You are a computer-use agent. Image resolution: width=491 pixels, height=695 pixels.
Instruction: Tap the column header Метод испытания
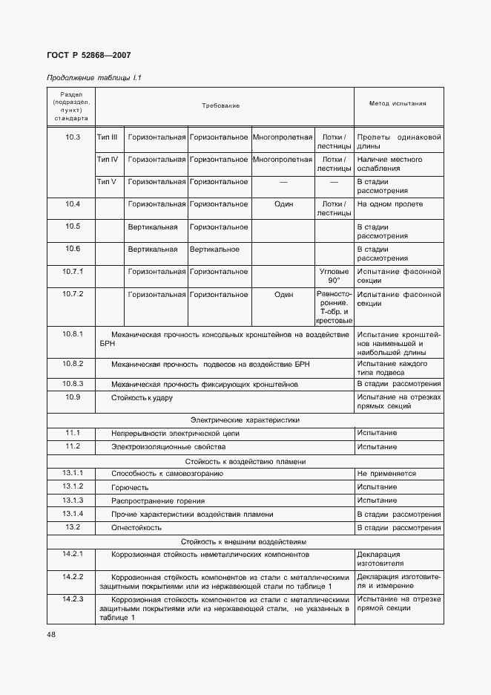(398, 104)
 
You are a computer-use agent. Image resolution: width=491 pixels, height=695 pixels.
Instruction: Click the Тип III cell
(108, 137)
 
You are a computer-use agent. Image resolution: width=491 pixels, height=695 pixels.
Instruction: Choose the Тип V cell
(108, 182)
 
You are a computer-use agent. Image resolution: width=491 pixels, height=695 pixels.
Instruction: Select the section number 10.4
(72, 204)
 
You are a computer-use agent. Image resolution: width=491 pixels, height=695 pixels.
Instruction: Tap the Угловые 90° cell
(334, 276)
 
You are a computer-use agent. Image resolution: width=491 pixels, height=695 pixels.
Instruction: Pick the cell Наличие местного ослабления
(390, 164)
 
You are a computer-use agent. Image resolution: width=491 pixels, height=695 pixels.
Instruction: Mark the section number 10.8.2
(72, 364)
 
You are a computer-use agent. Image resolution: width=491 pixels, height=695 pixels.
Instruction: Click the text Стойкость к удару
(142, 398)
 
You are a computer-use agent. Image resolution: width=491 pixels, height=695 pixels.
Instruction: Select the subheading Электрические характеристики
(245, 420)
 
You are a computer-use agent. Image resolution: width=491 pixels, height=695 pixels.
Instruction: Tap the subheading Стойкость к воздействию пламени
(245, 461)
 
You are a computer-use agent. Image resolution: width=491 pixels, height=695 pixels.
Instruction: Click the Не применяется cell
(386, 473)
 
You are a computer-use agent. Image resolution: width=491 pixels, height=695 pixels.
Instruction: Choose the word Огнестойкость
(136, 527)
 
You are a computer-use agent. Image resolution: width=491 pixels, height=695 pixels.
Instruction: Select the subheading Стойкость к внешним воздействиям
(245, 541)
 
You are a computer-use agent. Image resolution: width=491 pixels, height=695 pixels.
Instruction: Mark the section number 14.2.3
(72, 599)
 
